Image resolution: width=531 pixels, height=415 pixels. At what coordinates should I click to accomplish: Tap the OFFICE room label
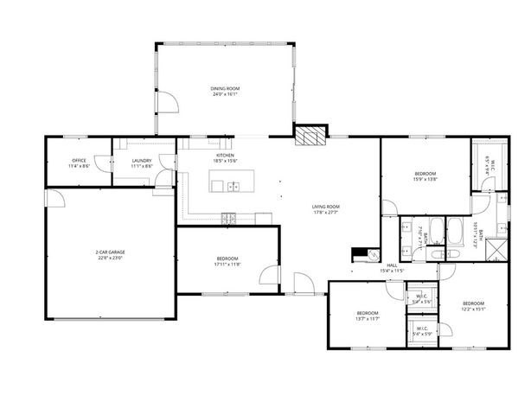point(79,160)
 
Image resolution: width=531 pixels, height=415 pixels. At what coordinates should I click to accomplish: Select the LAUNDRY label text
point(142,160)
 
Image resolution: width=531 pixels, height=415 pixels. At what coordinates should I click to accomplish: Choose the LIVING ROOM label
point(325,206)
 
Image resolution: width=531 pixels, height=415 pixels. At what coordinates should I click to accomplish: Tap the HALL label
point(392,265)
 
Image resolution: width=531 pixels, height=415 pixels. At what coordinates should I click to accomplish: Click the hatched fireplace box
point(310,134)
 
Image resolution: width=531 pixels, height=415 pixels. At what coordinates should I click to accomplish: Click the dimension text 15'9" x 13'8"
point(425,179)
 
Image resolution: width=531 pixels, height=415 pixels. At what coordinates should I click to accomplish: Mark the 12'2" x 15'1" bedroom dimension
point(473,308)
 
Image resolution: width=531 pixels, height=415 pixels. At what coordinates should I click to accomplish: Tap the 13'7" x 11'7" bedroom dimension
point(368,318)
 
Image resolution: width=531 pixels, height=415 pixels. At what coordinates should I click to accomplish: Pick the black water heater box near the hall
point(359,255)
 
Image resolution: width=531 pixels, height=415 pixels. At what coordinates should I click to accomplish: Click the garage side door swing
point(55,198)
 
